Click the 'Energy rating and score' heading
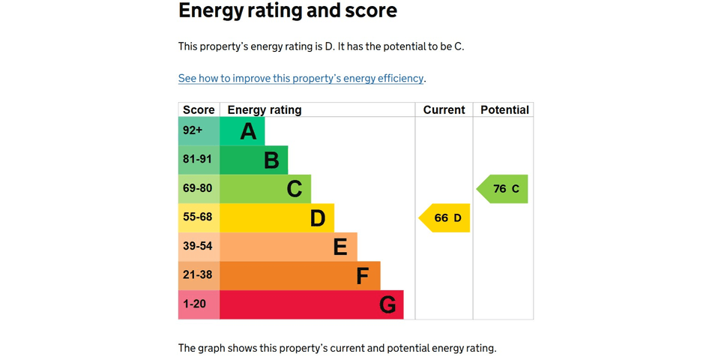click(288, 11)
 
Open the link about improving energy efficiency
click(301, 78)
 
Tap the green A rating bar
click(242, 131)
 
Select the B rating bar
click(254, 160)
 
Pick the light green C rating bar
click(265, 189)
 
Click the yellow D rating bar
click(277, 218)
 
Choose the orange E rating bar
click(289, 247)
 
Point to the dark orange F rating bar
click(300, 275)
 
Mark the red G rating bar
click(311, 304)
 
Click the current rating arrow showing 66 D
click(445, 218)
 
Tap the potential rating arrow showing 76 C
click(504, 189)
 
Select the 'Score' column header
click(199, 110)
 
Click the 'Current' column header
click(444, 110)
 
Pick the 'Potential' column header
click(504, 110)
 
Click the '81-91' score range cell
click(199, 160)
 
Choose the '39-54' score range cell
click(199, 247)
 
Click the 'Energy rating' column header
click(265, 110)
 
